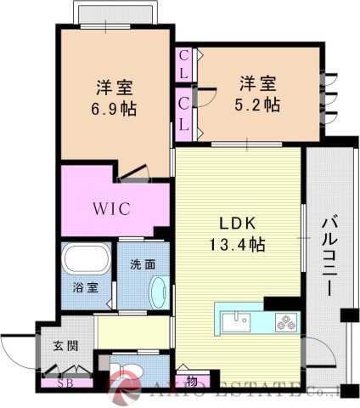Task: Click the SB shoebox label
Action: (x=64, y=382)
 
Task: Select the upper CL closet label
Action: (x=183, y=65)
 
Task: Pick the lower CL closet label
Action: (x=183, y=115)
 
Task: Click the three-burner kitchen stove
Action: (x=285, y=322)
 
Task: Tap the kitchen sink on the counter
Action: (x=235, y=321)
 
